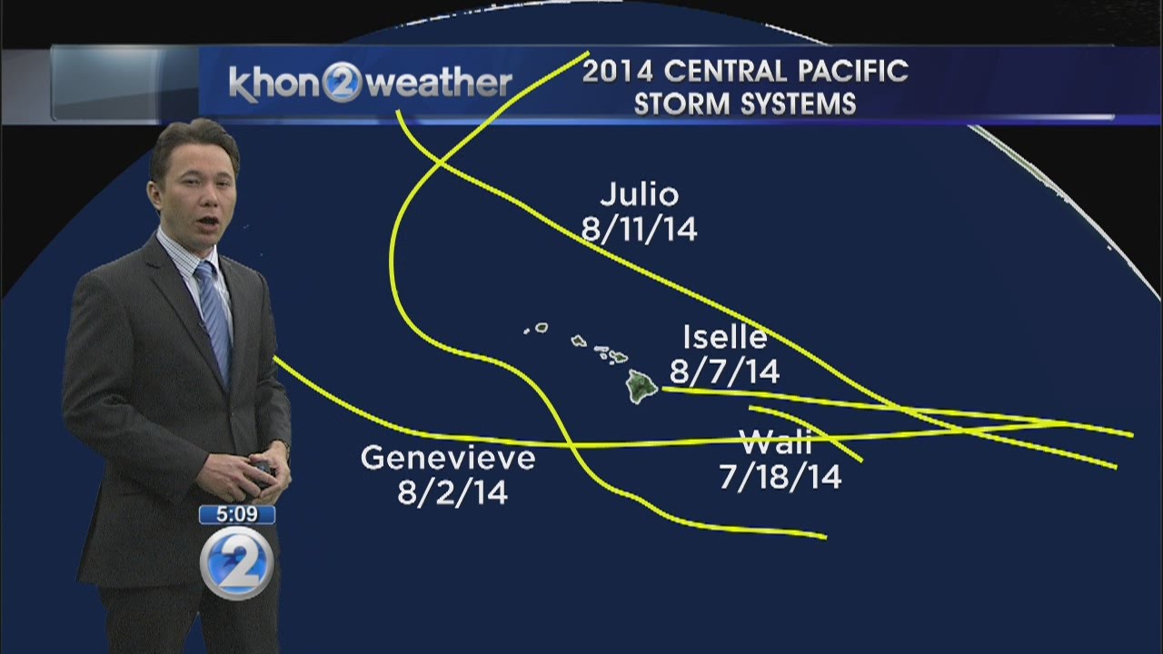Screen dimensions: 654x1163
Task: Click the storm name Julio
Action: (640, 195)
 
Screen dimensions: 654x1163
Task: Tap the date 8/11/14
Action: (640, 229)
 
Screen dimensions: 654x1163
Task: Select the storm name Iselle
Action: (725, 338)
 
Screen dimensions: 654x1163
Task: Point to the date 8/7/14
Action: (725, 372)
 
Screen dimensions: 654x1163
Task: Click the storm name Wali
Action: (776, 444)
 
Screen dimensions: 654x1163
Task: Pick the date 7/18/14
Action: (780, 478)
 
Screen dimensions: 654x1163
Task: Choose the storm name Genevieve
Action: (448, 458)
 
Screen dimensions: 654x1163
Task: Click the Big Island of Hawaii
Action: (642, 386)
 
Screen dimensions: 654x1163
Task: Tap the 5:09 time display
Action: (236, 515)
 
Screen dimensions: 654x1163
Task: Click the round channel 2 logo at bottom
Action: (236, 561)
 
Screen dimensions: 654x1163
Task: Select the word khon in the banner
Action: (273, 84)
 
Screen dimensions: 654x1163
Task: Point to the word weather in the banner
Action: (441, 84)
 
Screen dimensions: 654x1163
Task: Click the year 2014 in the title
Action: (619, 71)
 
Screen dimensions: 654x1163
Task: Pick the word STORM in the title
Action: (681, 104)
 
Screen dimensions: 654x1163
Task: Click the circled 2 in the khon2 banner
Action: (343, 84)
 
